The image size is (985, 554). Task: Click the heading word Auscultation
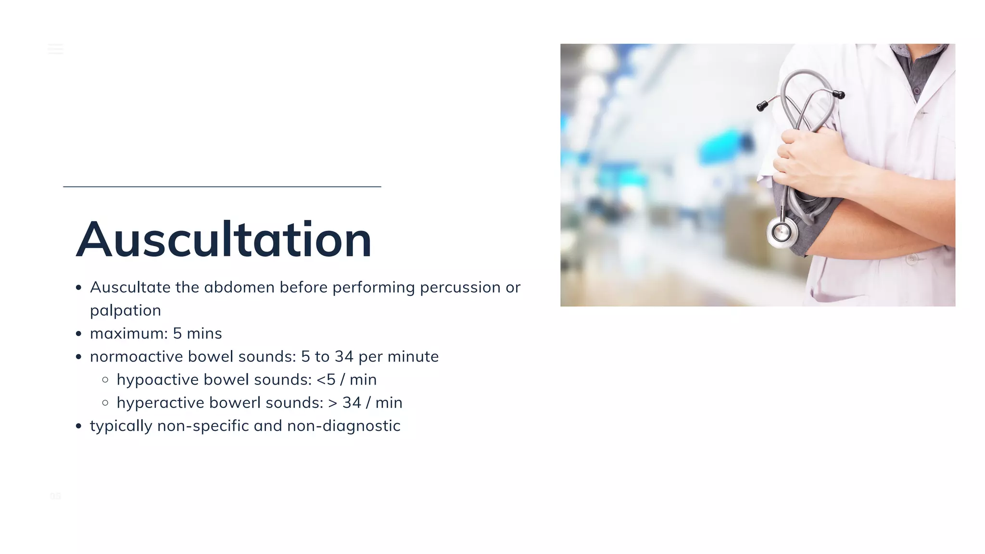pos(224,239)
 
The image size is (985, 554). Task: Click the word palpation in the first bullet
pos(125,311)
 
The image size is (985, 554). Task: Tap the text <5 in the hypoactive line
pos(326,379)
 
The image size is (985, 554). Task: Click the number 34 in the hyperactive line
pos(352,403)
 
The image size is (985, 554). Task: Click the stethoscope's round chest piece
pos(781,233)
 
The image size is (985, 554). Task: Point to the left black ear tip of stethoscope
pos(761,106)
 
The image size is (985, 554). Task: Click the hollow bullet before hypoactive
pos(105,379)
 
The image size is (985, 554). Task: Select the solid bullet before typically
pos(79,426)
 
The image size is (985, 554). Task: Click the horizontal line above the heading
pos(222,187)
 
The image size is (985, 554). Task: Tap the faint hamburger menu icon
pos(55,49)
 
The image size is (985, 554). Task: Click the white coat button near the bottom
pos(911,259)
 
